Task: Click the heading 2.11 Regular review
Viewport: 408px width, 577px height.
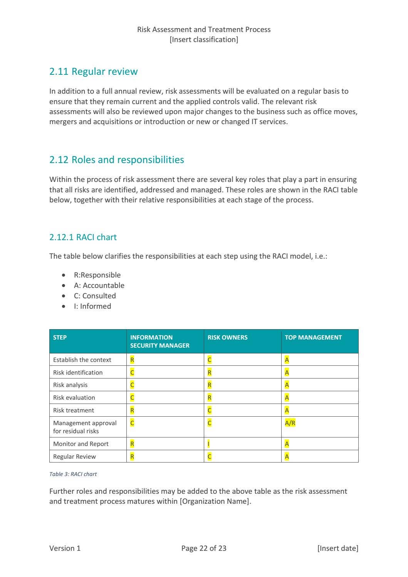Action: (x=93, y=72)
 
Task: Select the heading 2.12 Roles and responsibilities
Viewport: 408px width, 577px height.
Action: (x=116, y=160)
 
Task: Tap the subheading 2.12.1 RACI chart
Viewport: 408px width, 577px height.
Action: (x=83, y=237)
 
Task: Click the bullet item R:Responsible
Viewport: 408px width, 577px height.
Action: (x=97, y=275)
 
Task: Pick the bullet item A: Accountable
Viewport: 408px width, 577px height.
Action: (x=99, y=286)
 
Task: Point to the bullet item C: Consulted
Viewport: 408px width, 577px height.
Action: (x=95, y=296)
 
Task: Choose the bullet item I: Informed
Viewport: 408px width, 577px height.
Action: (x=92, y=306)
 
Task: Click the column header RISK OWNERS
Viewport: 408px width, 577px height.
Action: (x=227, y=338)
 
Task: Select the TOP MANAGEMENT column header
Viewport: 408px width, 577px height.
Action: (x=313, y=338)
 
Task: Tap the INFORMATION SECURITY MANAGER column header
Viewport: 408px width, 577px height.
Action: (x=160, y=341)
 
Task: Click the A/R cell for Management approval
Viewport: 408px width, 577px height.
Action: (x=290, y=423)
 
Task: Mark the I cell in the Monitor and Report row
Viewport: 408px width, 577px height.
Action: (x=208, y=444)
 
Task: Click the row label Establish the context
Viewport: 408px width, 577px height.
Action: (x=82, y=360)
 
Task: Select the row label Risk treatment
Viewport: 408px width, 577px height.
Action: (x=74, y=410)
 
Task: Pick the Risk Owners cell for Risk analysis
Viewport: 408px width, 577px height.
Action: (x=210, y=385)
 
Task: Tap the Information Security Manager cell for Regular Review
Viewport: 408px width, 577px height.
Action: (x=132, y=457)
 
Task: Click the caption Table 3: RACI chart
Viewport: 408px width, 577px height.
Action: (x=73, y=474)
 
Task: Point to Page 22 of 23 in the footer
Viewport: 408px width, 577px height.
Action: (x=204, y=548)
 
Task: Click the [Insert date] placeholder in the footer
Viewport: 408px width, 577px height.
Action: (x=337, y=548)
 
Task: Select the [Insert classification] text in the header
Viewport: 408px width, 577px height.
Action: (x=204, y=40)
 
